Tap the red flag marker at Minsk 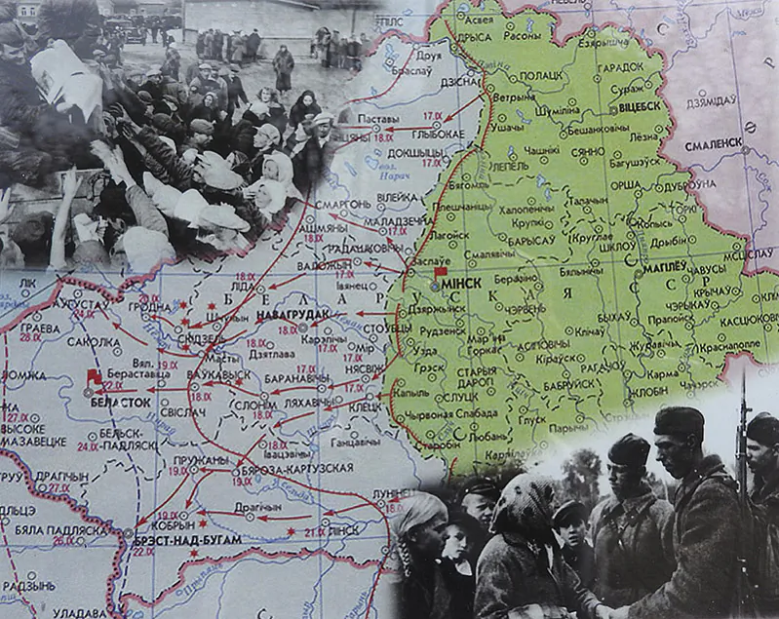point(441,273)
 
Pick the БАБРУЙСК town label point(566,383)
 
